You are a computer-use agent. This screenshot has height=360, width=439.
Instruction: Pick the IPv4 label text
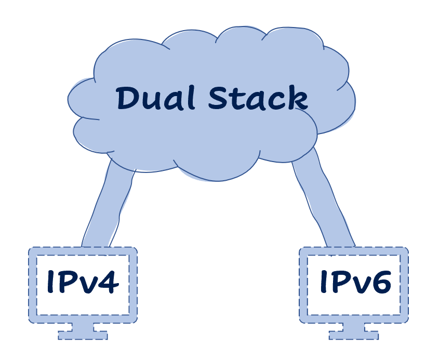pos(83,282)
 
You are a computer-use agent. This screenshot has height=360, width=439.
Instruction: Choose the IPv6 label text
pos(355,282)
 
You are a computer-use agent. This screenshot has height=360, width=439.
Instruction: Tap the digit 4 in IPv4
pos(108,282)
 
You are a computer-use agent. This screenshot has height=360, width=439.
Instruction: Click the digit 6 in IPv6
pos(380,282)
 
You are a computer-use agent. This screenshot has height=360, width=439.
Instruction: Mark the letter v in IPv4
pos(86,285)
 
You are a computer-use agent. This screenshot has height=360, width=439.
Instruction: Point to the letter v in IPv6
pos(358,285)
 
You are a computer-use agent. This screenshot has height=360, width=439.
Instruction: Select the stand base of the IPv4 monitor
pos(83,334)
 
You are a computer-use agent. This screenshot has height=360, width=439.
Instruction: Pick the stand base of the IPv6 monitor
pos(354,334)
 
